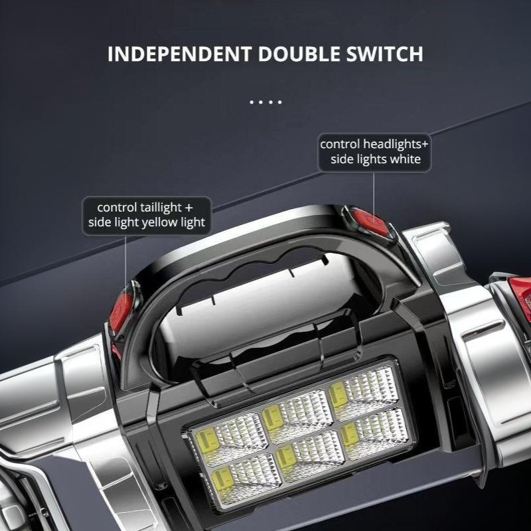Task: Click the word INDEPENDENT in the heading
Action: point(179,54)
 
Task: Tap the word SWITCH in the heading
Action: point(385,54)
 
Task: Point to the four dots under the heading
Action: point(266,102)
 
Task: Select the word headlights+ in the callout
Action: point(396,144)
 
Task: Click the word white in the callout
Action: point(406,159)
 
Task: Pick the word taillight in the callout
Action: point(161,207)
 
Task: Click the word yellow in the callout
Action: point(159,222)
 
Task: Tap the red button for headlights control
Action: point(370,222)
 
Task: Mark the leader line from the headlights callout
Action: point(374,196)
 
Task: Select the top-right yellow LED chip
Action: point(338,394)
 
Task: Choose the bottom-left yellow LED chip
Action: point(222,479)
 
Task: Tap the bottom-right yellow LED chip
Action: point(350,433)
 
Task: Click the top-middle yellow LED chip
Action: point(273,417)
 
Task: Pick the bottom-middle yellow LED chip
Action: point(286,456)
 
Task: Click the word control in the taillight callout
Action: point(117,207)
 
